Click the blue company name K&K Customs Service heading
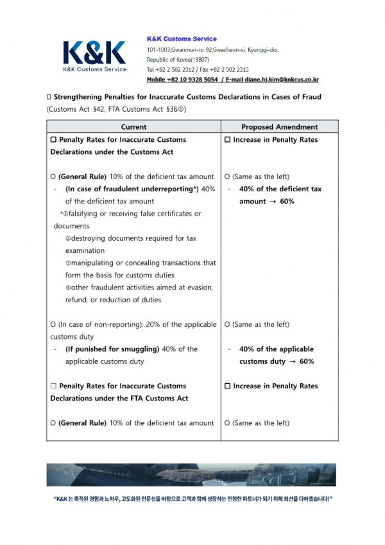pos(182,39)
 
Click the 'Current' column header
pos(133,127)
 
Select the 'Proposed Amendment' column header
pos(279,127)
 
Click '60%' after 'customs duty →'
pos(306,361)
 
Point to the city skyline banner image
pos(191,475)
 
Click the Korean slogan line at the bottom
pos(193,499)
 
